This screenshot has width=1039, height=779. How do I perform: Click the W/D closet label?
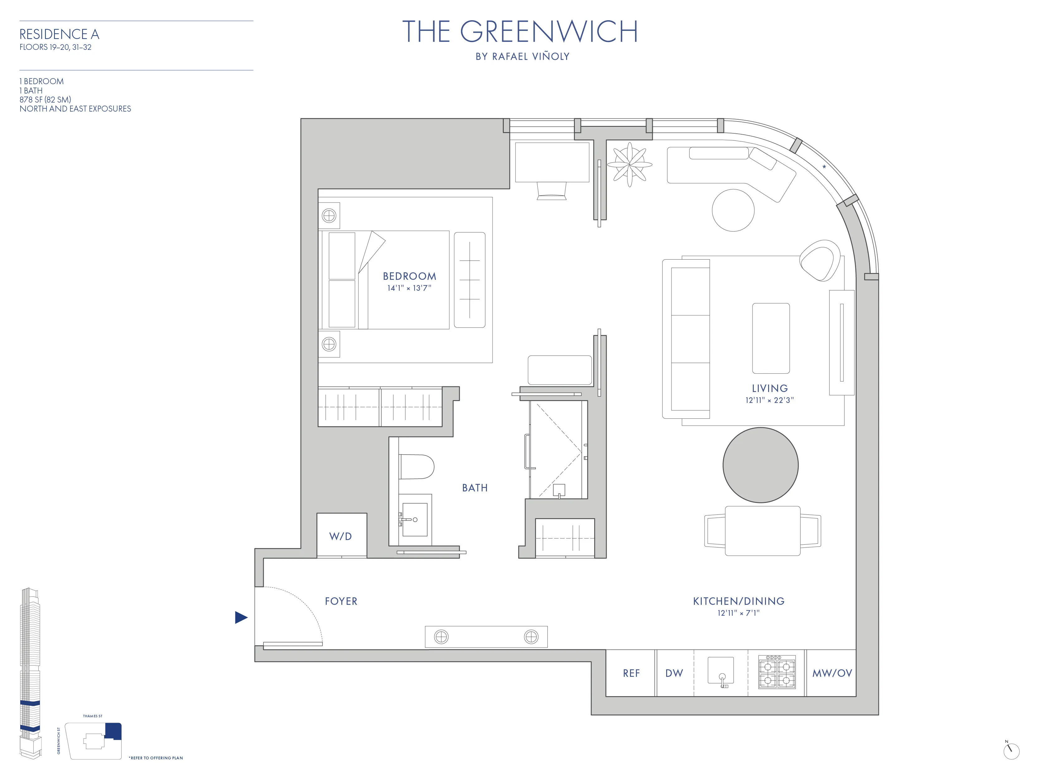340,536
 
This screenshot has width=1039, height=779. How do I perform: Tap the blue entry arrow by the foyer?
240,618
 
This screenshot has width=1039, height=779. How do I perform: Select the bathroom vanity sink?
414,519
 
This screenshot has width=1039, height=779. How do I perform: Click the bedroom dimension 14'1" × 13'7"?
409,288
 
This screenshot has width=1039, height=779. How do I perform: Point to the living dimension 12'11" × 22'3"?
769,400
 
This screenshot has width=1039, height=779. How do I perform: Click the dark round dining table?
760,465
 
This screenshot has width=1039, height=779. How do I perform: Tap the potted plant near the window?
629,165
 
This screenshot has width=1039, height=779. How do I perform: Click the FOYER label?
341,601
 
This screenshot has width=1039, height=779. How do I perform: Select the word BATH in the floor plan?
475,488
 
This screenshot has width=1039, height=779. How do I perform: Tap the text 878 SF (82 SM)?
45,99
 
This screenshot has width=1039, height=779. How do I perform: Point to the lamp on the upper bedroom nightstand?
329,216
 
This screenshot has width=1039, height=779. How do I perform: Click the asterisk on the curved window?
824,167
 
